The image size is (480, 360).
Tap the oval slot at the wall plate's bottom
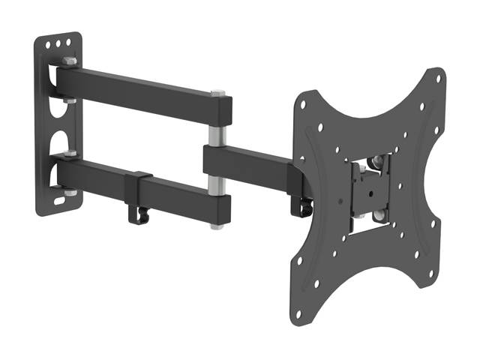60,202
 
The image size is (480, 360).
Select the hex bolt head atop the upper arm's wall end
70,61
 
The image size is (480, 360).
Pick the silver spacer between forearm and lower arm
216,179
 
